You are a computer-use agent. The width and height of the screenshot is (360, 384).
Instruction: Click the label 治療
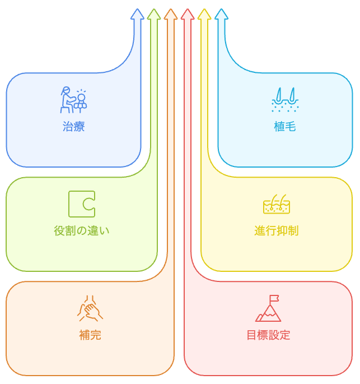coord(73,127)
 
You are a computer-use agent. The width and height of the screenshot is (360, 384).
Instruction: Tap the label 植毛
coord(284,127)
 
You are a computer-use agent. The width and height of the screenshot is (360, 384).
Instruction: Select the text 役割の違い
coord(82,230)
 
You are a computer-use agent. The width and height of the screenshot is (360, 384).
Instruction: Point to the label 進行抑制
coord(276,230)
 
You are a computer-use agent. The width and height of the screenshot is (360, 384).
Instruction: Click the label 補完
coord(90,335)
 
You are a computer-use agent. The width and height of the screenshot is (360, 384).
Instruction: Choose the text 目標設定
coord(268,335)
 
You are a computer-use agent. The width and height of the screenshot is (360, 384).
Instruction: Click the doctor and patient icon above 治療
coord(74,100)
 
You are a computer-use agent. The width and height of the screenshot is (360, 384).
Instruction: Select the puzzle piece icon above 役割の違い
coord(82,204)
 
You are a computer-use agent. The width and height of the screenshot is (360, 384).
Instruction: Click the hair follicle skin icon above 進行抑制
coord(277,205)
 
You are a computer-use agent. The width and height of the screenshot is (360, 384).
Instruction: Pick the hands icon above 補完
coord(90,308)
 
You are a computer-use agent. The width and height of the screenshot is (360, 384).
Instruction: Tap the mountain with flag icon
coord(268,309)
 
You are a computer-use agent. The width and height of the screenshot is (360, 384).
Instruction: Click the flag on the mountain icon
coord(274,299)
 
